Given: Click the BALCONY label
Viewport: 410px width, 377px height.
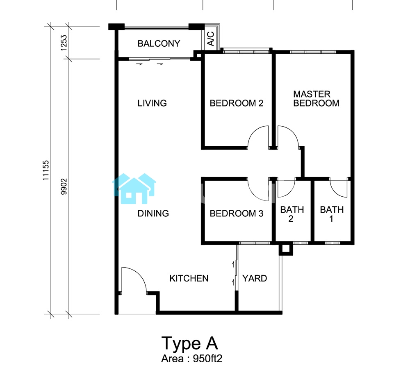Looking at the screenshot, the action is pos(159,43).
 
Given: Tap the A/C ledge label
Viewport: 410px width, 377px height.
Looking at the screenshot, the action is pos(210,39).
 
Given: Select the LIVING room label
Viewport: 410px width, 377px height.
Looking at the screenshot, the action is pos(152,103).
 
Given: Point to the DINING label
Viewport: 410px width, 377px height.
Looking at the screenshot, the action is pos(153,213).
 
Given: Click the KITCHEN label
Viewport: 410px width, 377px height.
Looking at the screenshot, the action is pos(189,279).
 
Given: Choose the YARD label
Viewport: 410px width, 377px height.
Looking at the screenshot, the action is pos(255,279).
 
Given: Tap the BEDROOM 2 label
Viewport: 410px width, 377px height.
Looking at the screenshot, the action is pos(237,103).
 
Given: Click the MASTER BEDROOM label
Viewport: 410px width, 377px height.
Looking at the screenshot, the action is pos(316,98).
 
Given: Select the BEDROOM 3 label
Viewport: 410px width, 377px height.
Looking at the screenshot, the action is pos(237,213).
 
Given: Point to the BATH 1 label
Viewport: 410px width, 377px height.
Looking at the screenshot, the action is pos(332,214).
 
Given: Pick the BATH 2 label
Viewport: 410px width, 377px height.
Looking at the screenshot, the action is pos(292,214).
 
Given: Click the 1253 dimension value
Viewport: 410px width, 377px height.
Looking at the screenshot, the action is pos(64,43).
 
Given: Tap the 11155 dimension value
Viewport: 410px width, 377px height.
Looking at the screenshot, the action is pos(46,170).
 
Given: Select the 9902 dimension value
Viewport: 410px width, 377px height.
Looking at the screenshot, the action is pos(64,186).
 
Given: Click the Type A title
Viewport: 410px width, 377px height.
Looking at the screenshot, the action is pos(189,343).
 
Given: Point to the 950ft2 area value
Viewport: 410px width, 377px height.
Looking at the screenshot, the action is pos(207,359).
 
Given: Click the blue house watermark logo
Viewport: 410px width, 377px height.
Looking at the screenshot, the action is pos(134,188).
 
